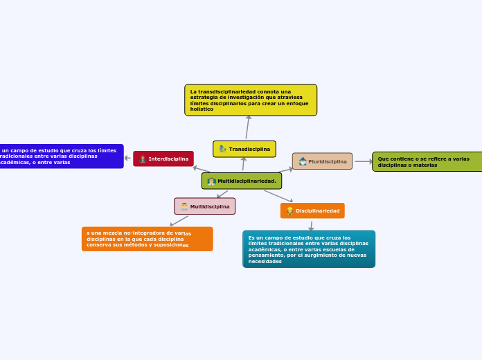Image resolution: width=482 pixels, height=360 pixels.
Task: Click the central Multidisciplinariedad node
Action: click(242, 181)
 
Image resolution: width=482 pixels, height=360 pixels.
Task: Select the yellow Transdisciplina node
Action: click(244, 149)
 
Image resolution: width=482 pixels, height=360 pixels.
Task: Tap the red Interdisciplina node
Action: click(163, 159)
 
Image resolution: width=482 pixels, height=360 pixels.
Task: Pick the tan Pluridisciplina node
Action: click(322, 161)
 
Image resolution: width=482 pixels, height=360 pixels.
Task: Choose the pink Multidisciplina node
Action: click(205, 206)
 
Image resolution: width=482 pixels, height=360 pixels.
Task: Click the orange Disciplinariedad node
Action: click(312, 210)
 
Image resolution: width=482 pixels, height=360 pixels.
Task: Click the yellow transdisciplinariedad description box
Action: click(251, 100)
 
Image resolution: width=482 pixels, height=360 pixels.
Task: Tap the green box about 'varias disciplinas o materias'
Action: click(427, 161)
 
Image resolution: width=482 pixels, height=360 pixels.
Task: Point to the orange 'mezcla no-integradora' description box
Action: click(147, 239)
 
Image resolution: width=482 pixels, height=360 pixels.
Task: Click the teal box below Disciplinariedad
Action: click(309, 249)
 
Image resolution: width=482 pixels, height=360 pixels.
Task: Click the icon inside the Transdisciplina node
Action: click(222, 149)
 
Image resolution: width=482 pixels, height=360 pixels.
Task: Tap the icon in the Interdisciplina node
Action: click(143, 159)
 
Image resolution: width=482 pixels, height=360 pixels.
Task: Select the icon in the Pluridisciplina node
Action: click(303, 161)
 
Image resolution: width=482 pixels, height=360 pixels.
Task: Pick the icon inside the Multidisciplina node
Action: click(184, 206)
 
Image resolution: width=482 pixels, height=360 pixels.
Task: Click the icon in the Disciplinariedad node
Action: click(289, 210)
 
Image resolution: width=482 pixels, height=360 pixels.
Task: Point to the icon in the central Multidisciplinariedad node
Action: click(211, 181)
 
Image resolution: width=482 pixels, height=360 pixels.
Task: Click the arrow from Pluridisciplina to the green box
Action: click(363, 161)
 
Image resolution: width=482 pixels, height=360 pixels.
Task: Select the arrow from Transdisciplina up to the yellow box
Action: click(247, 128)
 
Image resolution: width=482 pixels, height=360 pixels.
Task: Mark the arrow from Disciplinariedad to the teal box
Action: click(311, 226)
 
